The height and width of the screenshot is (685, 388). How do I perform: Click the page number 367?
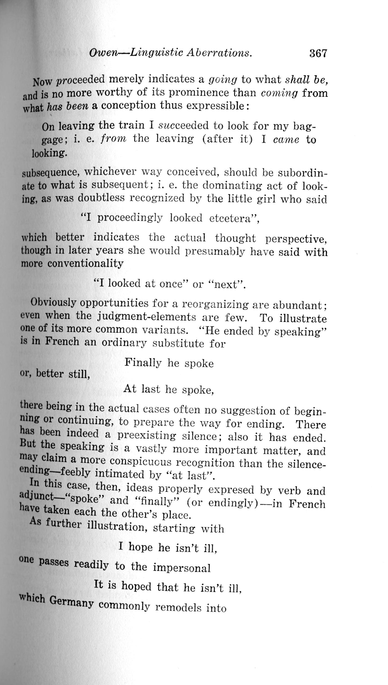point(318,54)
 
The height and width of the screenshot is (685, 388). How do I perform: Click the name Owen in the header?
point(103,53)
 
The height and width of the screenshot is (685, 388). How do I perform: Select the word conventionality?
point(85,263)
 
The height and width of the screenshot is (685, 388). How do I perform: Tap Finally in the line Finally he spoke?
point(143,363)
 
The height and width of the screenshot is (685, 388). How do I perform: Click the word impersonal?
point(182,568)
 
